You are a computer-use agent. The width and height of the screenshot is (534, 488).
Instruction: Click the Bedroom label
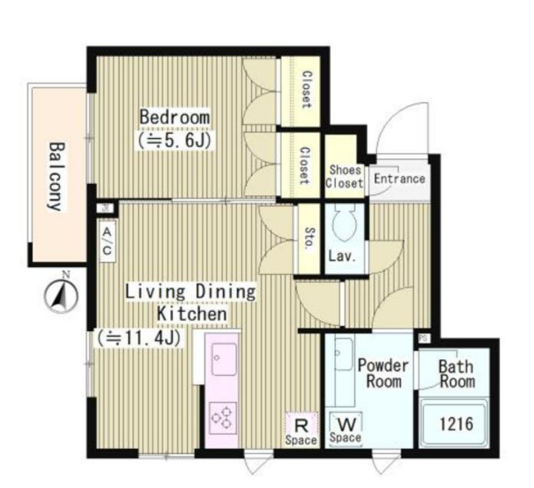(x=175, y=117)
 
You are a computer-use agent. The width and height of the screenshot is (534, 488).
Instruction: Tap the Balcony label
(x=56, y=176)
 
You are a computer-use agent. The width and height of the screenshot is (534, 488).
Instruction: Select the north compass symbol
(x=61, y=296)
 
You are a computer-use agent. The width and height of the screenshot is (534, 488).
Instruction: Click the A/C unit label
(x=107, y=241)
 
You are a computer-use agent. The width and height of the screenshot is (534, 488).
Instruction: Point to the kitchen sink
(x=224, y=359)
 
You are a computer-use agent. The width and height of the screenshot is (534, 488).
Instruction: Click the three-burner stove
(x=223, y=418)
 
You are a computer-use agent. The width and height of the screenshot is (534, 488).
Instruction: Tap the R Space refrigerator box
(x=301, y=429)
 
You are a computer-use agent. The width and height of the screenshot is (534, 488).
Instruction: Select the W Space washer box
(x=345, y=429)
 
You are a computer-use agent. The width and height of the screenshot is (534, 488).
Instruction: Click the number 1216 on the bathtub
(x=456, y=425)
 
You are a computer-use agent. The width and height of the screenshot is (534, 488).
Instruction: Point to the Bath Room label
(x=457, y=374)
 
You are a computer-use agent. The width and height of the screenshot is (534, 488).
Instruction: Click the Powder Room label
(x=383, y=373)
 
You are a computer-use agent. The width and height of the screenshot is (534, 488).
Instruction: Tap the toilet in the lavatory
(x=344, y=222)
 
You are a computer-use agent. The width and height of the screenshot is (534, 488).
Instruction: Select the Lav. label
(x=342, y=256)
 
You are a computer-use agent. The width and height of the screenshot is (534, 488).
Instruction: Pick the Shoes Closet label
(x=344, y=177)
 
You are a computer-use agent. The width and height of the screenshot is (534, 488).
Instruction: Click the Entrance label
(x=399, y=179)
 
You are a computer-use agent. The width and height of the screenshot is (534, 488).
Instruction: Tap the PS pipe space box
(x=424, y=338)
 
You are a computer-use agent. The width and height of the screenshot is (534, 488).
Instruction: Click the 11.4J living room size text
(x=139, y=338)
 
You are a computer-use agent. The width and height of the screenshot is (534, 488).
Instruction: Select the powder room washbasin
(x=344, y=354)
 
